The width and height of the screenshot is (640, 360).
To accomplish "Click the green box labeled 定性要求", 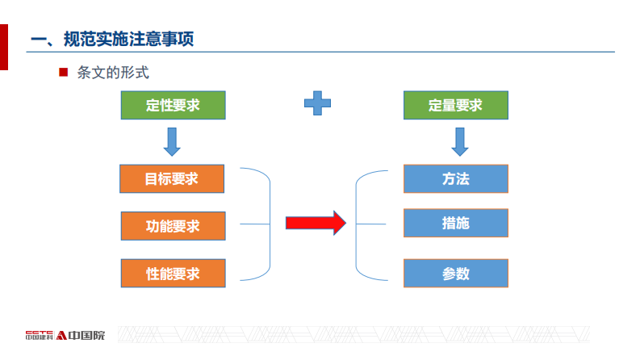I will [x=173, y=106].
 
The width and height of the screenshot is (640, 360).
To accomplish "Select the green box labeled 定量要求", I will [x=455, y=106].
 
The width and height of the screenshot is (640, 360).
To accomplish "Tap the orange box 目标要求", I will [x=171, y=179].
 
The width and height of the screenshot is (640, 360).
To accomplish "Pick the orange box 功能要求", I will [x=173, y=226].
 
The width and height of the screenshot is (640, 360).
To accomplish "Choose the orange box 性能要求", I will [x=173, y=274].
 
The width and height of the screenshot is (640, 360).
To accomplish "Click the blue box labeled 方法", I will [x=455, y=179].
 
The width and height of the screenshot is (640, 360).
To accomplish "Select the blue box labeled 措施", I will [x=455, y=224].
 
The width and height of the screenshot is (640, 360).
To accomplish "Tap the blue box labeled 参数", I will [x=455, y=274].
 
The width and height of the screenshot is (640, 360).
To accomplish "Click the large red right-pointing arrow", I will [x=316, y=222].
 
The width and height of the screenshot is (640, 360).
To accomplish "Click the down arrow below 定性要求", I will [x=172, y=141].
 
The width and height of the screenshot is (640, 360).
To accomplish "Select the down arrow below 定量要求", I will [x=460, y=141].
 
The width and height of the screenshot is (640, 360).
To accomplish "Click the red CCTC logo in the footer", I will [x=40, y=334].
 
